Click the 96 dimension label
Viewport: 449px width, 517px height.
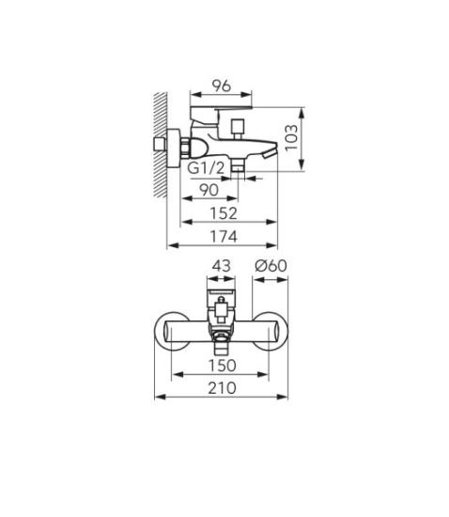(x=222, y=86)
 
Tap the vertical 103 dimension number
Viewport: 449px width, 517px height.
(x=291, y=138)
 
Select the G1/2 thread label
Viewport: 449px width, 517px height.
(x=206, y=168)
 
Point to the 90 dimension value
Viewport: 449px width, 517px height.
(x=209, y=190)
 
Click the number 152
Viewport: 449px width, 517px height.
(x=224, y=213)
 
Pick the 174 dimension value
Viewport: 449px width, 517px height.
(x=224, y=237)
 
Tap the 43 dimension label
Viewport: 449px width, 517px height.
(x=221, y=265)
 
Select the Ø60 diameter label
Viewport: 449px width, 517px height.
(x=271, y=265)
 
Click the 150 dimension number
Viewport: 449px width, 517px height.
(x=223, y=365)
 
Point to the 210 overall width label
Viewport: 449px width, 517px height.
(x=222, y=387)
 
